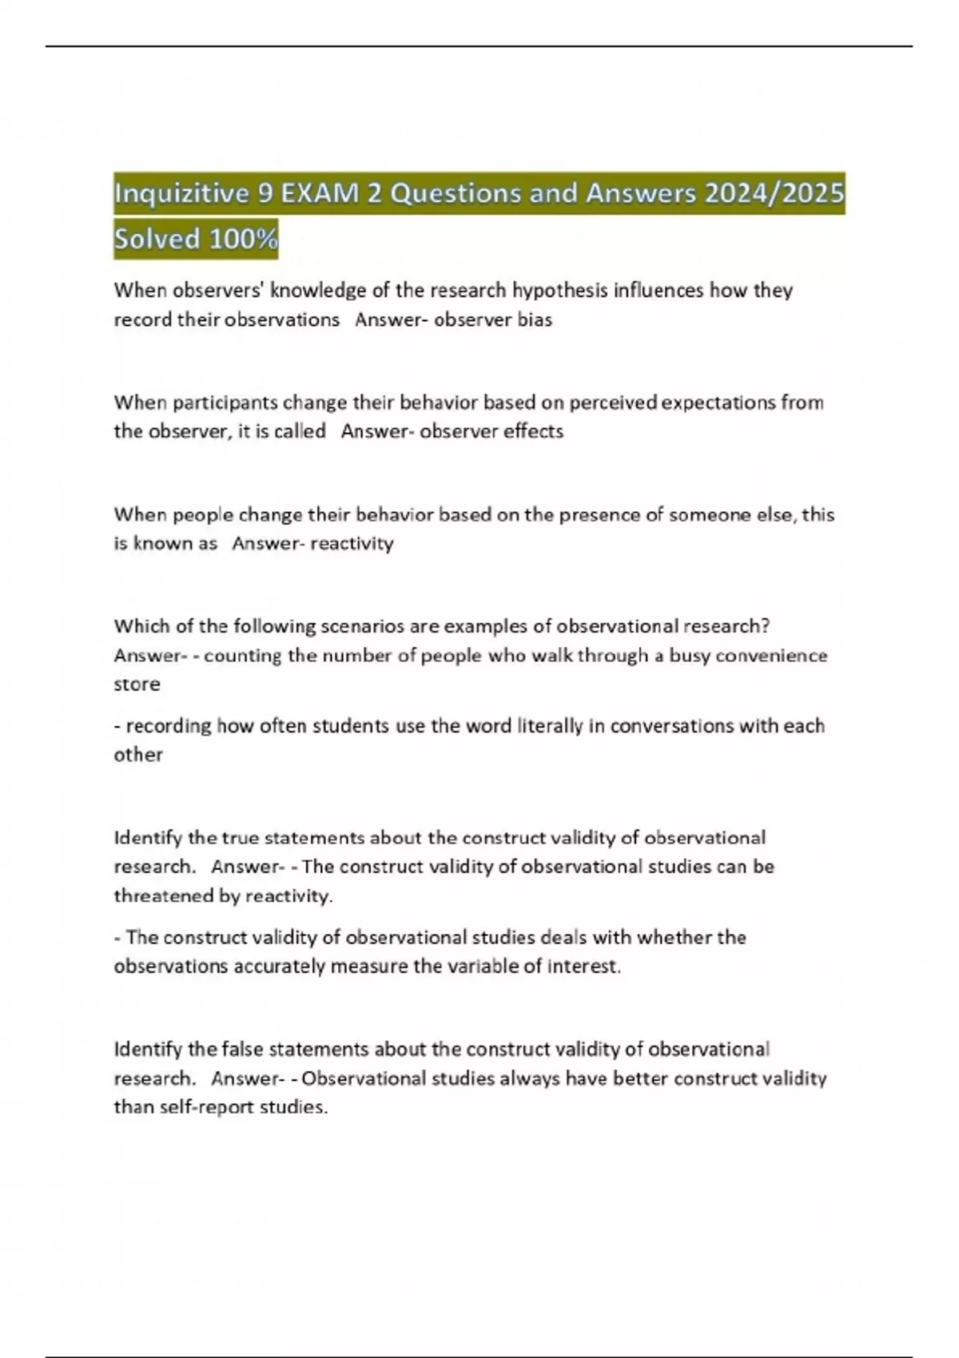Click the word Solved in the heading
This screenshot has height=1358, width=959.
(157, 239)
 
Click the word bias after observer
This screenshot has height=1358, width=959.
(535, 320)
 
